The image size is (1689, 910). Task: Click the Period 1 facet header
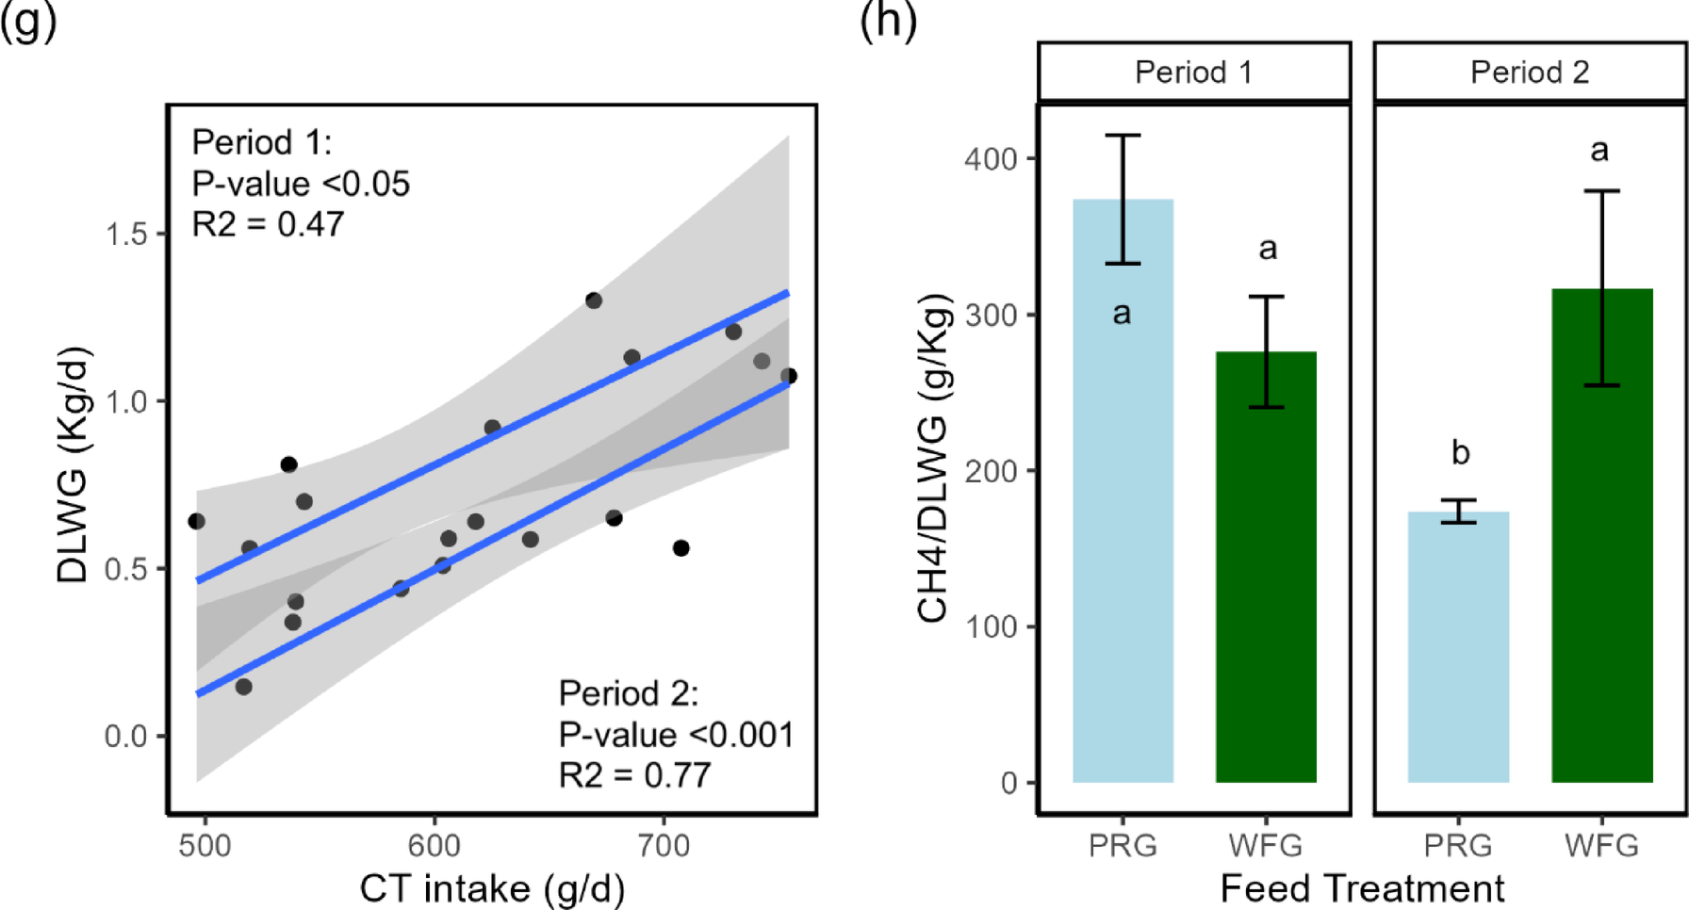1193,73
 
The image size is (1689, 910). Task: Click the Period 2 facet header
1529,73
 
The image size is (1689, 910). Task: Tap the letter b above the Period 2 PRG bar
1460,453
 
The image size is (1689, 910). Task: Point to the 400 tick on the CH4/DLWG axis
991,158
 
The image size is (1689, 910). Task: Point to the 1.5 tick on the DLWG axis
127,235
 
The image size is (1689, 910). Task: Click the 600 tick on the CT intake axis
435,845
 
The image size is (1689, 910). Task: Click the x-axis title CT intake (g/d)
491,888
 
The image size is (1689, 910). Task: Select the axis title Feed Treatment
1362,888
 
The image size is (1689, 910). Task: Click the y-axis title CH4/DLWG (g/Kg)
933,459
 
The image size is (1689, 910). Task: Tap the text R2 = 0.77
634,775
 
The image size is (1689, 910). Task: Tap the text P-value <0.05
301,184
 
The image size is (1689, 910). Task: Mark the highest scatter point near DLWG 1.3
594,301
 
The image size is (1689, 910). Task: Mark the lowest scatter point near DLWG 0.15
243,687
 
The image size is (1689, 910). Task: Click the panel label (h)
888,19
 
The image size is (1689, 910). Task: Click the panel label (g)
28,19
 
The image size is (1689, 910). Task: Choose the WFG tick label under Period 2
1601,845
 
